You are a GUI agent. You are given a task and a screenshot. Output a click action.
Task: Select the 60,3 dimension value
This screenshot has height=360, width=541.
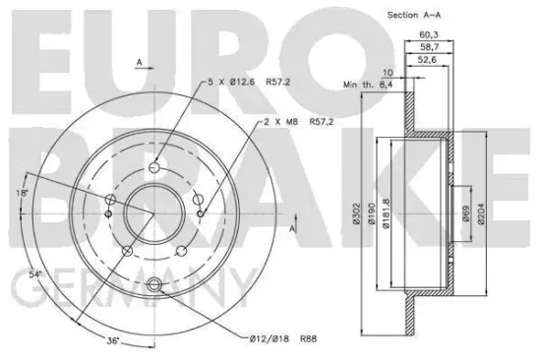pos(429,34)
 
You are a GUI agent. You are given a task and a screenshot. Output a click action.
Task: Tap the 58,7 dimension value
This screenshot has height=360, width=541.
pos(429,47)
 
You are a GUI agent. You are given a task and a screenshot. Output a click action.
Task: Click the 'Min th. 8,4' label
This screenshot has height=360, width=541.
pos(360,88)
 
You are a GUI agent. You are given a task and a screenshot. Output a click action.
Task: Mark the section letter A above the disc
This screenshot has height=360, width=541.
pos(140,61)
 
